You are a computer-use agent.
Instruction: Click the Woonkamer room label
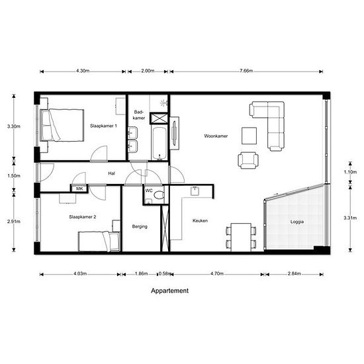(216, 136)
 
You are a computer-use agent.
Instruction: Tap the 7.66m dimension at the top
(246, 71)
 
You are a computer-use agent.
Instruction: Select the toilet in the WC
(159, 195)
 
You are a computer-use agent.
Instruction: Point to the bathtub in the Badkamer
(159, 143)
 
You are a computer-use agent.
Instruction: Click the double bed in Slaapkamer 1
(62, 125)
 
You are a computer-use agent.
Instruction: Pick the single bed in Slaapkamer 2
(99, 241)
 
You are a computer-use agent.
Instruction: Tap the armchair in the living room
(248, 160)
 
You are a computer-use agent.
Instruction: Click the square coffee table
(249, 136)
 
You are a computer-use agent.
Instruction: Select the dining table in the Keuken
(241, 237)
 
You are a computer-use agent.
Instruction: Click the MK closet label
(79, 189)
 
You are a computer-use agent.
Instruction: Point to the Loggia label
(297, 222)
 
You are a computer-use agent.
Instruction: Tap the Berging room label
(140, 226)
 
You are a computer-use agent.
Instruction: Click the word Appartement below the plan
(169, 291)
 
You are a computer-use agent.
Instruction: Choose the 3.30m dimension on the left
(14, 126)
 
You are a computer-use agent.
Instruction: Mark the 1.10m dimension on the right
(350, 172)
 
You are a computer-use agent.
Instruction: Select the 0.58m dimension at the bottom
(165, 274)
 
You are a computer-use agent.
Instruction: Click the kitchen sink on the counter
(195, 191)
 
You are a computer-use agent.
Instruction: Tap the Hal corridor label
(111, 173)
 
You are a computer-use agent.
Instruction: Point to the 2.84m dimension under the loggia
(295, 274)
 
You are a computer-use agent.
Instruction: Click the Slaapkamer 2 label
(83, 217)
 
